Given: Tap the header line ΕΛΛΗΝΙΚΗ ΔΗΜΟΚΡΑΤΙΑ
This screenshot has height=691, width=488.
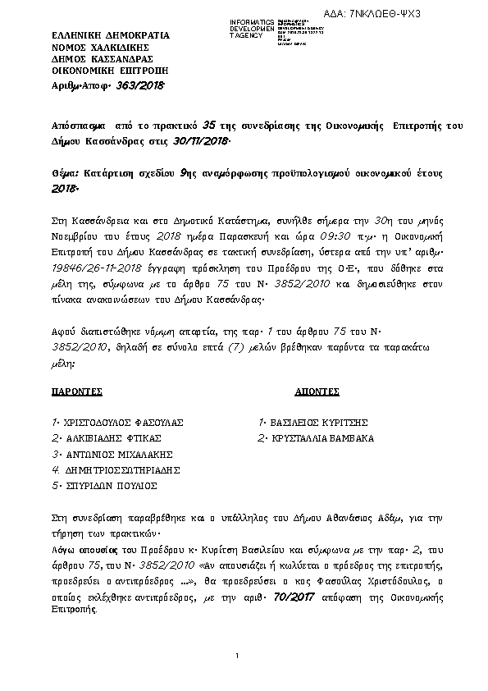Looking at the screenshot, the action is coord(98,36).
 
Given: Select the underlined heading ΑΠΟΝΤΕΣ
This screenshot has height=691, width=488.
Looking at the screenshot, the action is coord(314,394).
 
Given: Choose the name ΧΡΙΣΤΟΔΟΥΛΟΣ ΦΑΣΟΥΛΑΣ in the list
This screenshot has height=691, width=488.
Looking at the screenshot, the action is coord(121,423).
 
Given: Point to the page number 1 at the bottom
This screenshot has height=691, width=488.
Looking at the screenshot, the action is coord(236,656).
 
